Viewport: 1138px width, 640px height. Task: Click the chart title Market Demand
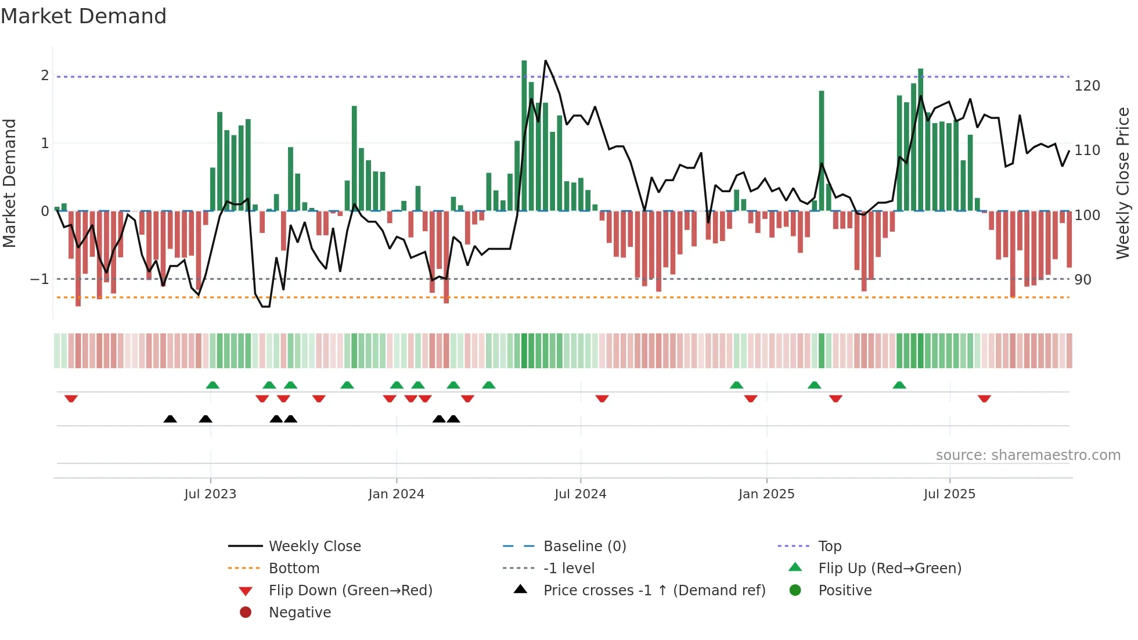pyautogui.click(x=84, y=16)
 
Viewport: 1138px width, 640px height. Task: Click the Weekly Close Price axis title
pyautogui.click(x=1123, y=183)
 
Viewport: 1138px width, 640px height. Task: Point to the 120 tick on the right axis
pyautogui.click(x=1087, y=86)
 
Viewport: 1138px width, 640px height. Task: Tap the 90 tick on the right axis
pyautogui.click(x=1082, y=280)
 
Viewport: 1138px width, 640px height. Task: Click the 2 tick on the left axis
pyautogui.click(x=45, y=75)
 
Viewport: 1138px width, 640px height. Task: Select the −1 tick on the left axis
pyautogui.click(x=39, y=279)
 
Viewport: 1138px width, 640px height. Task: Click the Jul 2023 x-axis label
pyautogui.click(x=210, y=494)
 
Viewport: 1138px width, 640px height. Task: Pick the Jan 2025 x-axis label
pyautogui.click(x=766, y=494)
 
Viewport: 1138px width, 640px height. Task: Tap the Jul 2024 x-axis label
pyautogui.click(x=580, y=494)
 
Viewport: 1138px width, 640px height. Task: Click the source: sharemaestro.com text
pyautogui.click(x=1028, y=455)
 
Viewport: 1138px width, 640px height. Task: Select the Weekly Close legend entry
pyautogui.click(x=315, y=546)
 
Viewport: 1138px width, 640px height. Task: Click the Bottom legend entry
pyautogui.click(x=294, y=569)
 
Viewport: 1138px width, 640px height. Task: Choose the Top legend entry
pyautogui.click(x=830, y=546)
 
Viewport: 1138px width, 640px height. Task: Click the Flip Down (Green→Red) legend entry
pyautogui.click(x=350, y=591)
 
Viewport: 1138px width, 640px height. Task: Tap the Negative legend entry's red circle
pyautogui.click(x=246, y=613)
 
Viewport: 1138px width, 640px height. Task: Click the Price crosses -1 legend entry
pyautogui.click(x=654, y=591)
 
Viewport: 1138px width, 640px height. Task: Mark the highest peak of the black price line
pyautogui.click(x=545, y=61)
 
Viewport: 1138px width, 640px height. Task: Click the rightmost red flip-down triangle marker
pyautogui.click(x=984, y=398)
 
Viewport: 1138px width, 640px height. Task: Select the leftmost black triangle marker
pyautogui.click(x=170, y=419)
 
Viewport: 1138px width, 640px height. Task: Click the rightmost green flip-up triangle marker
pyautogui.click(x=899, y=385)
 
